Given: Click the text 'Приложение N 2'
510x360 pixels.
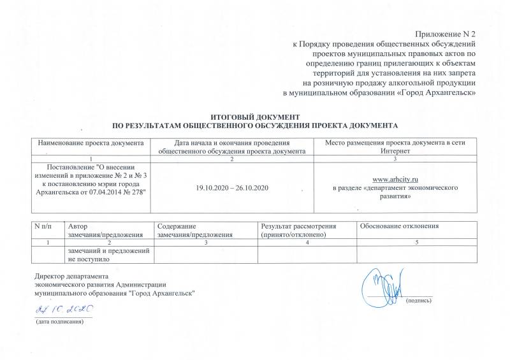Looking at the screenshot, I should click(445, 32).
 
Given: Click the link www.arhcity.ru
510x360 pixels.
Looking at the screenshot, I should click(399, 180).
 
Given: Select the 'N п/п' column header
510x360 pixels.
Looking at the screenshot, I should click(44, 227).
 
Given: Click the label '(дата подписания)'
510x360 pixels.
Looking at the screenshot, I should click(60, 323).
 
